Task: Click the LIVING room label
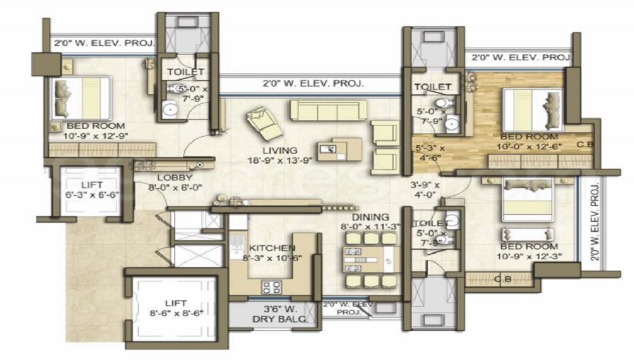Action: click(x=280, y=150)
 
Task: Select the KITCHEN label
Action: click(x=272, y=248)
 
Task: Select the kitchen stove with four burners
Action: click(x=272, y=286)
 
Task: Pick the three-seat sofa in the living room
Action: click(x=328, y=110)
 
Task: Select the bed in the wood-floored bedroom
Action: click(x=533, y=109)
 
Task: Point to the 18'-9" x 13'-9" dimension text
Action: click(x=280, y=161)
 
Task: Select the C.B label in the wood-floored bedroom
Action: click(x=584, y=145)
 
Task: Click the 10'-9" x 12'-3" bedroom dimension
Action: click(x=529, y=257)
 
